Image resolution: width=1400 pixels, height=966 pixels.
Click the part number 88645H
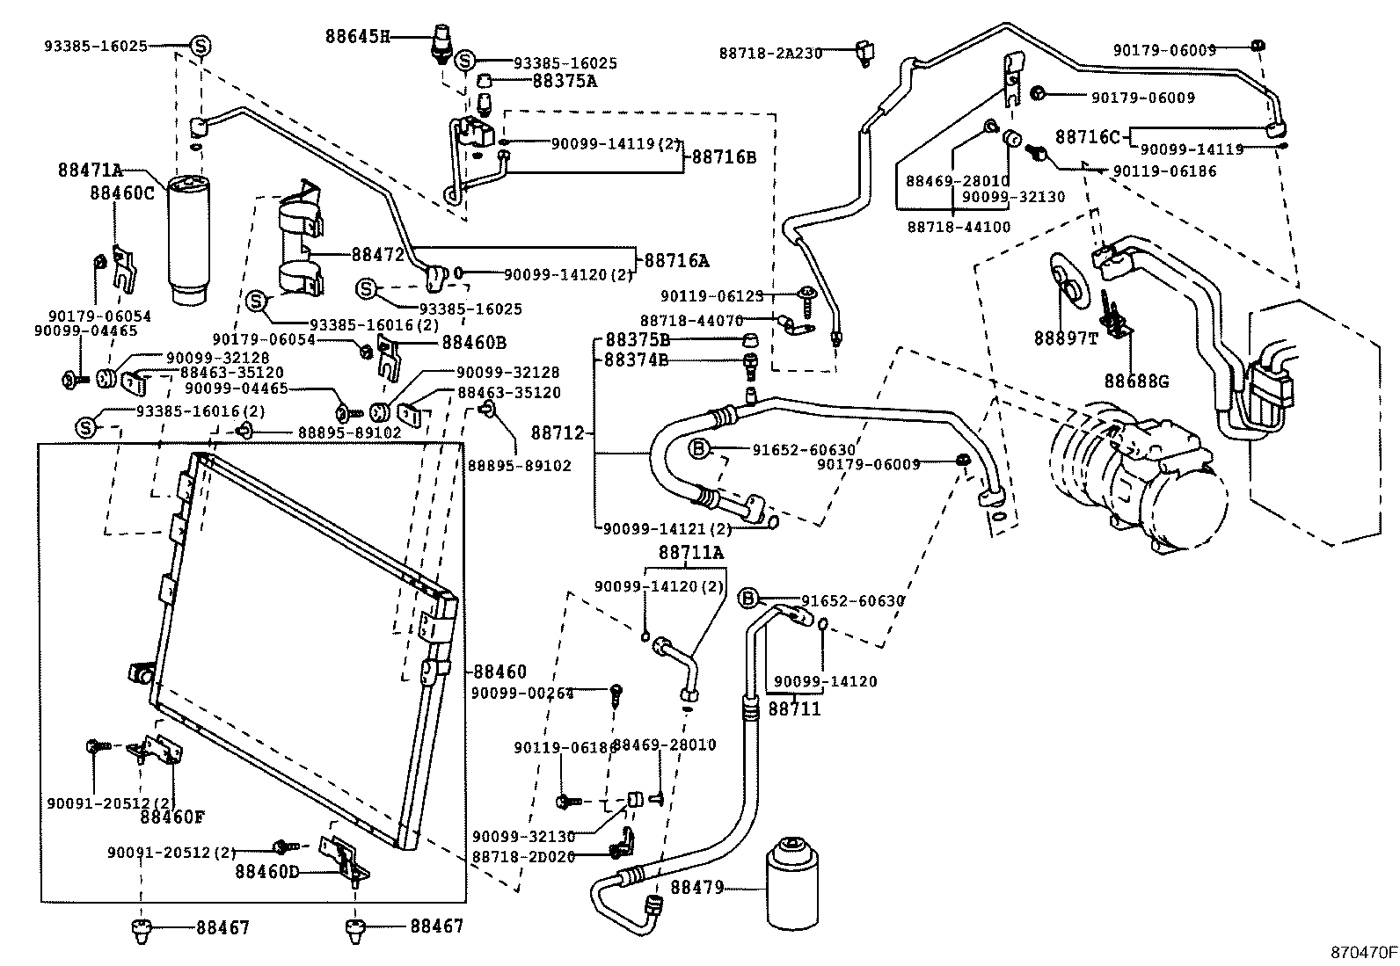(x=357, y=37)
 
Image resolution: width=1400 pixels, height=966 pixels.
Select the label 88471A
(x=91, y=170)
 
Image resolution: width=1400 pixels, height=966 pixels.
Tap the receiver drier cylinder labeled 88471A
(x=189, y=241)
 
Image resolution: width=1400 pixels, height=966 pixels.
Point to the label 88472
(x=378, y=254)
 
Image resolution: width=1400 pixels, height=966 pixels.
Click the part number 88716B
(x=724, y=157)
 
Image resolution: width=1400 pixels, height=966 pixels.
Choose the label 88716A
(x=677, y=260)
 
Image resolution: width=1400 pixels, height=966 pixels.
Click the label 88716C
(x=1088, y=137)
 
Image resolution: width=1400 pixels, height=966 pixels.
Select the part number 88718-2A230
(x=770, y=54)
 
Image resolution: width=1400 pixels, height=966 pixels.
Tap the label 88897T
(x=1066, y=338)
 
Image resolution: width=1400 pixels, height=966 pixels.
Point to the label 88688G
(x=1136, y=381)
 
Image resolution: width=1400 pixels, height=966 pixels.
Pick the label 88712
(x=558, y=433)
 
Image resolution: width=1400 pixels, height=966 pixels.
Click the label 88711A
(x=691, y=552)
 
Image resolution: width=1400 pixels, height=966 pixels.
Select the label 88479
(x=696, y=887)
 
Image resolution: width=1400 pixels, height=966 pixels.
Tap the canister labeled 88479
(x=792, y=883)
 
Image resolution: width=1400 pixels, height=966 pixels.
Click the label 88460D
(x=267, y=872)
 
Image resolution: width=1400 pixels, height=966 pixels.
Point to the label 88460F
(x=172, y=817)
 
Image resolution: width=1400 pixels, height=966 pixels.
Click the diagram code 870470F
(x=1364, y=952)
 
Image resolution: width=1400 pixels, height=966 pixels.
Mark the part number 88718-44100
(x=959, y=227)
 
